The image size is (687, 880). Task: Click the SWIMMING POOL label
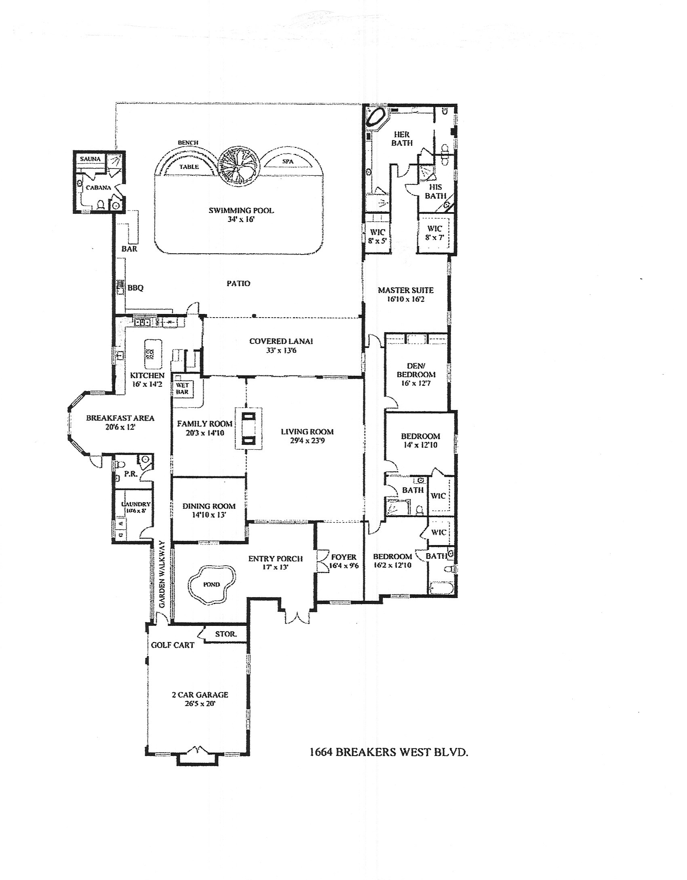[x=241, y=211]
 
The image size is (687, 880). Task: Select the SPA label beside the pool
[x=288, y=162]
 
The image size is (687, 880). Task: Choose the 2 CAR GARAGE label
[x=200, y=695]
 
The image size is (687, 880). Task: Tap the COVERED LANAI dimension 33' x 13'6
[x=281, y=351]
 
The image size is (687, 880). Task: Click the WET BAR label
[x=182, y=388]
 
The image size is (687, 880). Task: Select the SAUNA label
[x=90, y=159]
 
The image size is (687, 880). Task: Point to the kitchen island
[x=152, y=354]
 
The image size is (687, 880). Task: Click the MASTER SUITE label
[x=406, y=290]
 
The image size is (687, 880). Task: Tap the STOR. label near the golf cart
[x=225, y=634]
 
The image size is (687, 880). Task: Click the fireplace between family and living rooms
[x=248, y=428]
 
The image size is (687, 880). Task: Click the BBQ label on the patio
[x=135, y=288]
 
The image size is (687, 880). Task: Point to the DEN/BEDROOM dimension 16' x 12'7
[x=416, y=383]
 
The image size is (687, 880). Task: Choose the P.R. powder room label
[x=130, y=474]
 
